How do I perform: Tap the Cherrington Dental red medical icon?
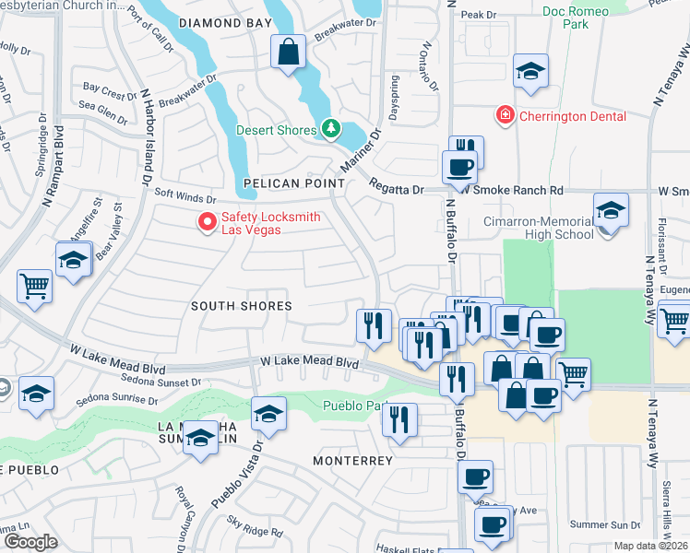click(505, 115)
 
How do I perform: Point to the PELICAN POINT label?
click(293, 183)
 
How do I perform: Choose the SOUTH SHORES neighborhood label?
click(241, 305)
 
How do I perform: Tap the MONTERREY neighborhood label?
click(352, 460)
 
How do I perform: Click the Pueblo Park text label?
click(351, 406)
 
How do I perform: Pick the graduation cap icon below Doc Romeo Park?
click(531, 72)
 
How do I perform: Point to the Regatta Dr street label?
click(405, 190)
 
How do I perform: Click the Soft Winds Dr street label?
click(184, 195)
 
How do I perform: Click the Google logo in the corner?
click(30, 542)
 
